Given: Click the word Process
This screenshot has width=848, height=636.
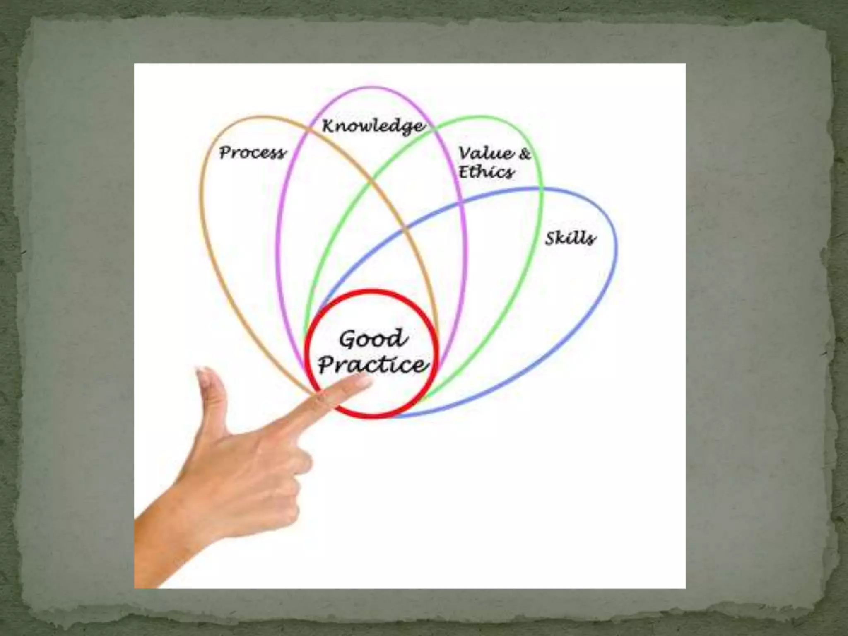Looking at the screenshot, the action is (x=252, y=152).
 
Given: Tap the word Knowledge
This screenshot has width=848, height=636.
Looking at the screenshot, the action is (x=373, y=126).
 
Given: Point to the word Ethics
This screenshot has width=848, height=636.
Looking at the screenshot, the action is (x=487, y=172).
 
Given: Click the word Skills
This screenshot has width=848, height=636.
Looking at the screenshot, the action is (x=570, y=238).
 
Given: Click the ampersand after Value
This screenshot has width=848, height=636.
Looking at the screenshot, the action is (x=524, y=154).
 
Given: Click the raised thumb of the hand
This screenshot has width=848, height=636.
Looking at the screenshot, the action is (x=211, y=397).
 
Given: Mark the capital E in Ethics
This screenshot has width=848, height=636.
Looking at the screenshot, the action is (x=465, y=172).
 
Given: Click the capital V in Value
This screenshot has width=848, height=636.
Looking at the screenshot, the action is (x=466, y=153).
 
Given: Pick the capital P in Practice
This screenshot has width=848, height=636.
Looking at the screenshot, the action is (x=327, y=365).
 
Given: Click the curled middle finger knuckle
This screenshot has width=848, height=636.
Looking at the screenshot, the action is (x=302, y=460).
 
